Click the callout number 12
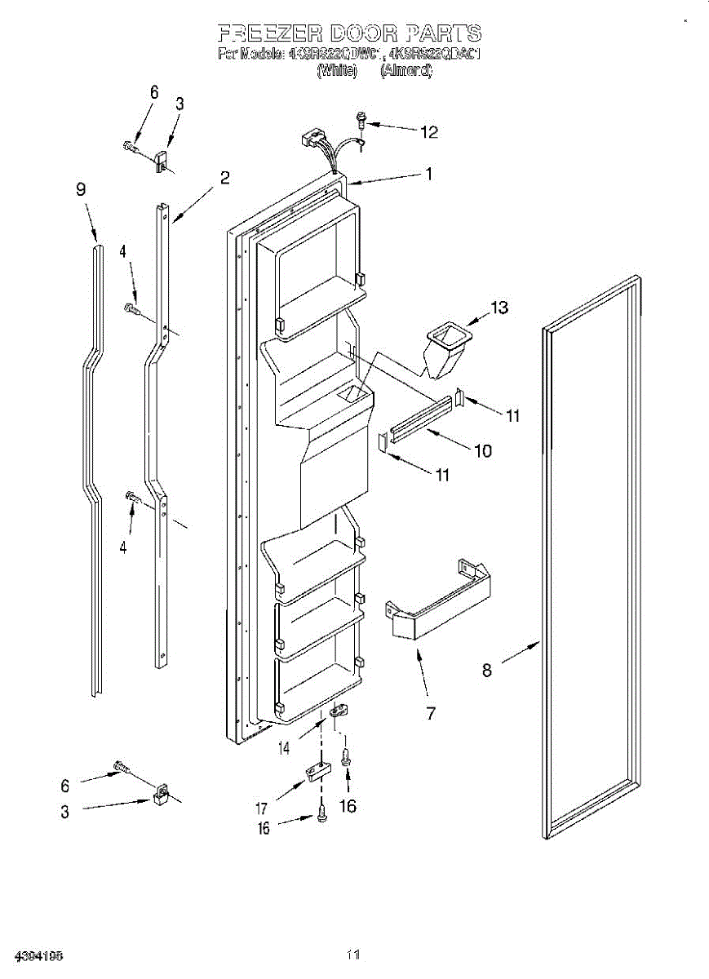(429, 131)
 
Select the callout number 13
(499, 308)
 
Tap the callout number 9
(81, 189)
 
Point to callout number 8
(486, 670)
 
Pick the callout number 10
(483, 450)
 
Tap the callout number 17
(262, 809)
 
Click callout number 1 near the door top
(428, 173)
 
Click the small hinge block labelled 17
(317, 771)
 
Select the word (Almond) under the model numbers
(406, 71)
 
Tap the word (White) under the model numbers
(337, 71)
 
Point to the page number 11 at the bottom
(352, 954)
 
